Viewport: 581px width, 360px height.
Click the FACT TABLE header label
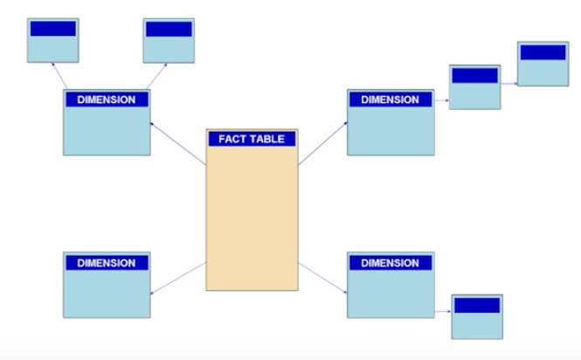pyautogui.click(x=252, y=139)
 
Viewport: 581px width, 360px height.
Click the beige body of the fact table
pyautogui.click(x=252, y=218)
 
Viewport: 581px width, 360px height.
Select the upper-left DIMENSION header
pyautogui.click(x=107, y=100)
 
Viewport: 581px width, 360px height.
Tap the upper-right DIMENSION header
pyautogui.click(x=390, y=100)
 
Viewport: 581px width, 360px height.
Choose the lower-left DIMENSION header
pyautogui.click(x=107, y=263)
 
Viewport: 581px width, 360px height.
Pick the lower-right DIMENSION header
pyautogui.click(x=390, y=263)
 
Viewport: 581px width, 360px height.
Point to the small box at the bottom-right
pyautogui.click(x=477, y=316)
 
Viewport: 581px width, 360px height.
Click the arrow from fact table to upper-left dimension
pyautogui.click(x=178, y=143)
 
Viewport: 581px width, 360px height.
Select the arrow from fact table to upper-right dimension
pyautogui.click(x=323, y=143)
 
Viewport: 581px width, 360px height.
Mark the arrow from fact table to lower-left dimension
pyautogui.click(x=178, y=278)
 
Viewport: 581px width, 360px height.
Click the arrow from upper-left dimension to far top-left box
pyautogui.click(x=59, y=75)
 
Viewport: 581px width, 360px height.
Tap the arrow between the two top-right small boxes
pyautogui.click(x=509, y=85)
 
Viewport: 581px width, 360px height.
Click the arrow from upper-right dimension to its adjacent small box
pyautogui.click(x=442, y=100)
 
